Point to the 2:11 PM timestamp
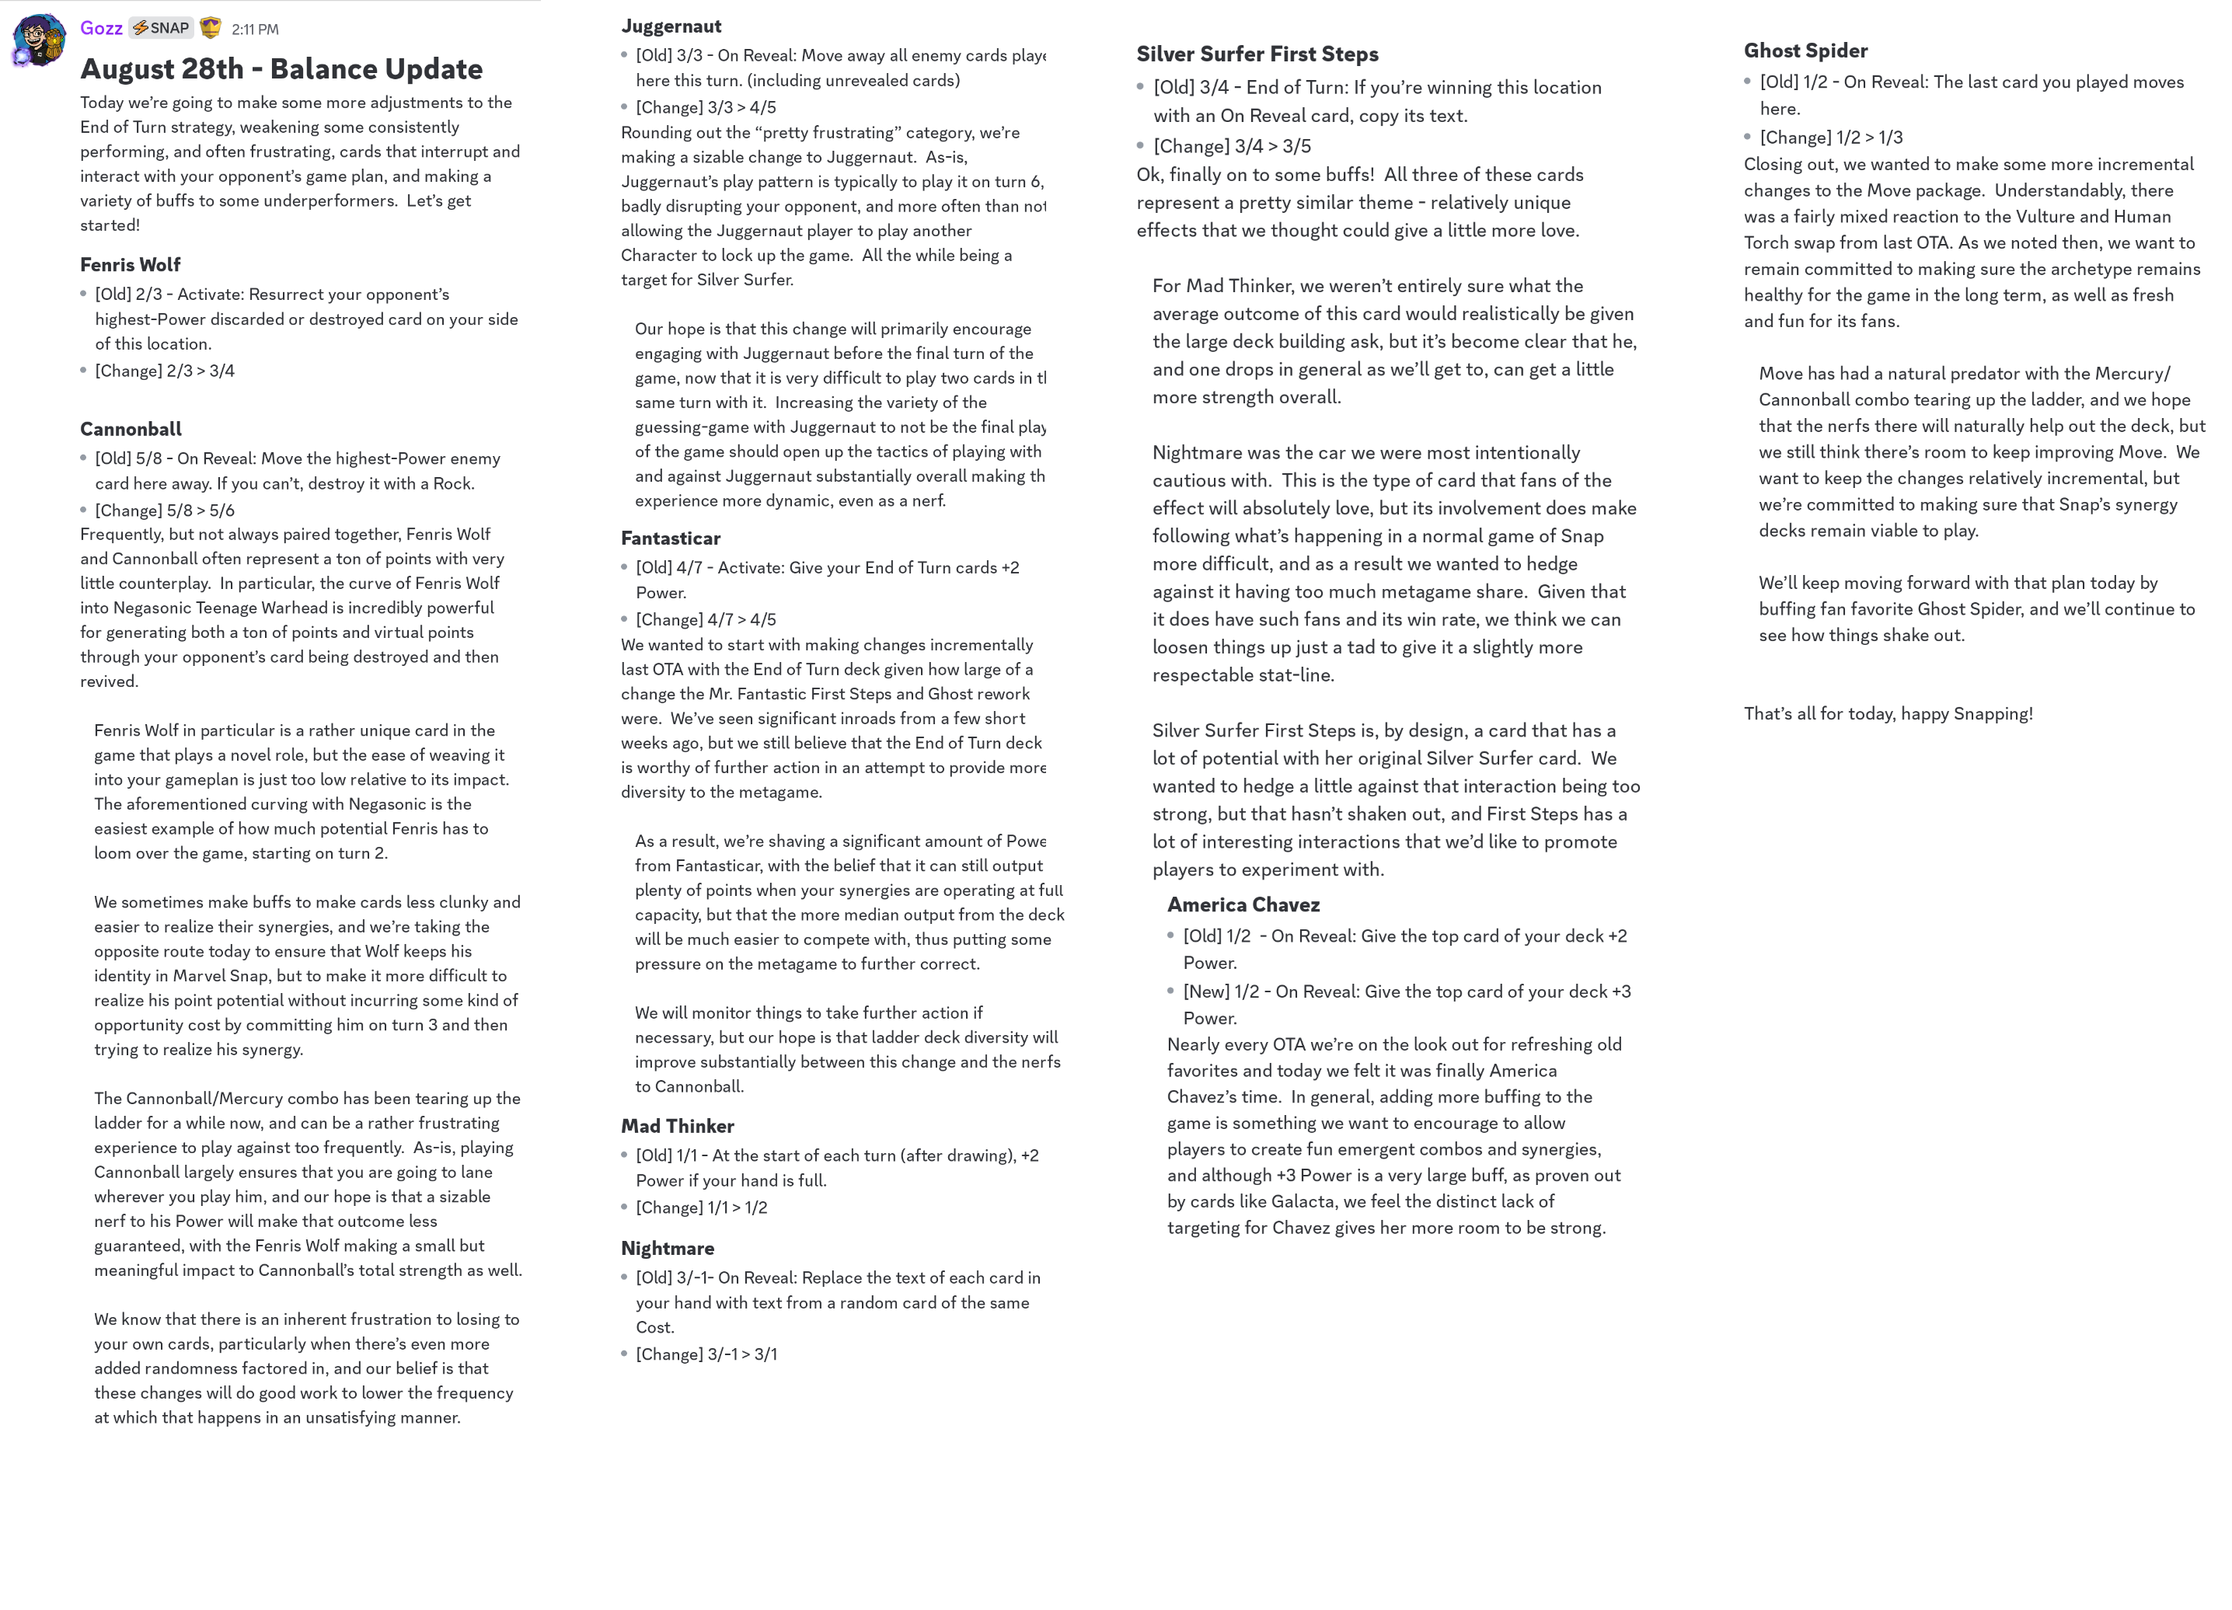[x=255, y=30]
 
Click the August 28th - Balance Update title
[x=281, y=69]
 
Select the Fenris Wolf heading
[x=130, y=265]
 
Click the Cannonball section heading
[x=131, y=429]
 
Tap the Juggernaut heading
[x=671, y=26]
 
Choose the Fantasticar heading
[x=670, y=538]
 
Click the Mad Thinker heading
[x=677, y=1126]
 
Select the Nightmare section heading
[x=668, y=1248]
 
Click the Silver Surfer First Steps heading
[x=1257, y=54]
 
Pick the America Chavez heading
[x=1243, y=904]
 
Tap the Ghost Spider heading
[x=1805, y=51]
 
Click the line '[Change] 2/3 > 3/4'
[x=164, y=371]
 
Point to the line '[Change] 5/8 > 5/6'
[x=164, y=511]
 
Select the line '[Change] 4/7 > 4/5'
[x=706, y=620]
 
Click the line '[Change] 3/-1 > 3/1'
[x=706, y=1354]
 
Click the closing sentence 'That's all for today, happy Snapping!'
[x=1888, y=713]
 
